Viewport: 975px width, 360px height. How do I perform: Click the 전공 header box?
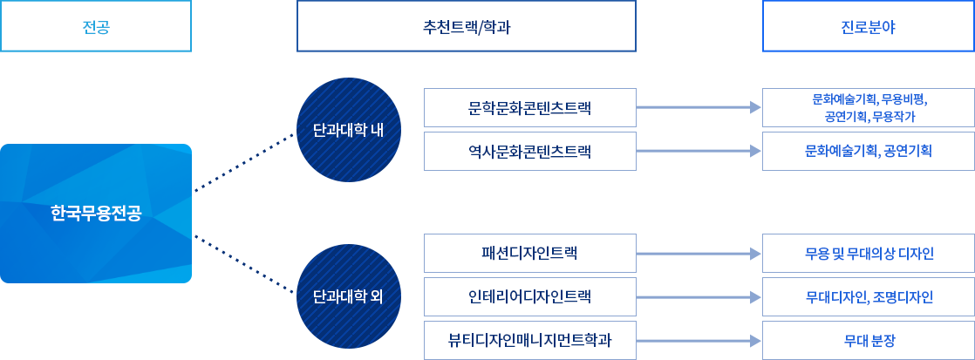96,26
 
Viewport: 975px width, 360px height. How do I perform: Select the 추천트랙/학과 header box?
467,26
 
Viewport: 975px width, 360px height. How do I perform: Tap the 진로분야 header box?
869,26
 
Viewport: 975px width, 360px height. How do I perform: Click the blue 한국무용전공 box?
96,214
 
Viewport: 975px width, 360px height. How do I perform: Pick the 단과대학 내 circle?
348,130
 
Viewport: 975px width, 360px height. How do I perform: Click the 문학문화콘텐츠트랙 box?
529,107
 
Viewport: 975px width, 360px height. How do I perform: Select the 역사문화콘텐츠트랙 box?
529,151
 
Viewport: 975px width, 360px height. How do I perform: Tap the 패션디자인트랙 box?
529,253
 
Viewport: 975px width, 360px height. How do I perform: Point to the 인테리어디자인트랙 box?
529,296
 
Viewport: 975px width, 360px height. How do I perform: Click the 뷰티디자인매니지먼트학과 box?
529,340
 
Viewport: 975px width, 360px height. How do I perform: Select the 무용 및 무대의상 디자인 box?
869,253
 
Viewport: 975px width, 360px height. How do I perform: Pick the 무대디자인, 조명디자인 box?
869,296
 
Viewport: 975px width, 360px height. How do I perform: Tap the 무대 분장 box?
869,340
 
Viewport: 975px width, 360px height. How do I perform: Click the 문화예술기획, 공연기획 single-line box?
869,151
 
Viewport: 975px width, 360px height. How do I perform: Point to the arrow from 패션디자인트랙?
699,254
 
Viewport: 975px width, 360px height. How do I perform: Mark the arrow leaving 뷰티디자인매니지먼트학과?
699,341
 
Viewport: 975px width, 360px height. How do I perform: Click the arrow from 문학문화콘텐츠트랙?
699,107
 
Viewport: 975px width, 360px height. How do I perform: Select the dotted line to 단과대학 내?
244,162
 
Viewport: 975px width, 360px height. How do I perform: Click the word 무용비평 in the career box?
904,98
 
